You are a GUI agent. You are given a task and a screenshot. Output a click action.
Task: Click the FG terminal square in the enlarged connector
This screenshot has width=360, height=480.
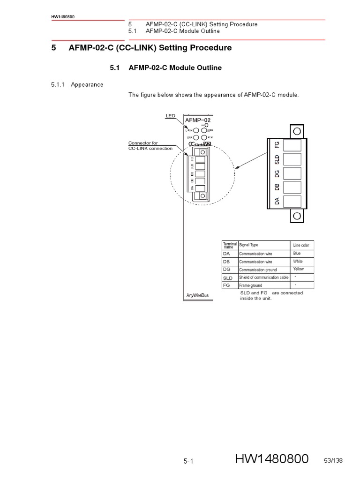coord(292,145)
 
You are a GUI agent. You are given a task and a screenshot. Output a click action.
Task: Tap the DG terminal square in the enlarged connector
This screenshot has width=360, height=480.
coord(292,173)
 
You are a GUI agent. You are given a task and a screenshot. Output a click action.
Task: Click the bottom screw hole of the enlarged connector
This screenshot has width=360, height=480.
coord(296,216)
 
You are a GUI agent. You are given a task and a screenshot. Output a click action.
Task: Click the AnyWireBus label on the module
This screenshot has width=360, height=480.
coord(197,295)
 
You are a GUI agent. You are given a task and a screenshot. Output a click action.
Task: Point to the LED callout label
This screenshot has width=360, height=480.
coord(170,115)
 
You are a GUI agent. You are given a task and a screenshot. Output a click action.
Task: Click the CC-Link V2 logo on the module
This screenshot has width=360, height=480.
coord(200,144)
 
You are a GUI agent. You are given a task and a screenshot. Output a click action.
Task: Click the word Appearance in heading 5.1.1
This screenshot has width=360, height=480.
coord(87,85)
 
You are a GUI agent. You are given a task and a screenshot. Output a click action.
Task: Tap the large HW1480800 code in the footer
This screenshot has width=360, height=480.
coord(272,461)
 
